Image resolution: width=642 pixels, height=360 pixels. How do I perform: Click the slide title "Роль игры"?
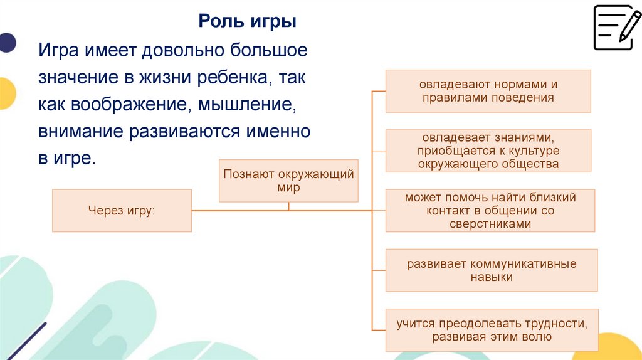coord(248,21)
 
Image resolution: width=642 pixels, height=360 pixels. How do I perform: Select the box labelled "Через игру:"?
coord(122,210)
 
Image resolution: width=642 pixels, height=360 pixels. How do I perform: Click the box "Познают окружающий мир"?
coord(288,181)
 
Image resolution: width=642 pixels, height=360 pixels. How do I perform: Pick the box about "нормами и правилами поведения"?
coord(488,91)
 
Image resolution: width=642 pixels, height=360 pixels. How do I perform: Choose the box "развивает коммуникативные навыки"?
coord(491,270)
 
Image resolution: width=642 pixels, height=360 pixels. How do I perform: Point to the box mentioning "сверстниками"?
coord(490,211)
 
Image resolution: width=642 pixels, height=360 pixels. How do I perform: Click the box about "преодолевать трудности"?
coord(492,330)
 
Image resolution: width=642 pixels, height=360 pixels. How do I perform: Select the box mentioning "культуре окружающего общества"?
coord(488,151)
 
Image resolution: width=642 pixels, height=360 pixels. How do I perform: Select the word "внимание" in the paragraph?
coord(80,132)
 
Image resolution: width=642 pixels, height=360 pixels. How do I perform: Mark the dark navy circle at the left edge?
coord(6,42)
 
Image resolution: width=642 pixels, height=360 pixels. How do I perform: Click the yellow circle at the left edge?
coord(6,93)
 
